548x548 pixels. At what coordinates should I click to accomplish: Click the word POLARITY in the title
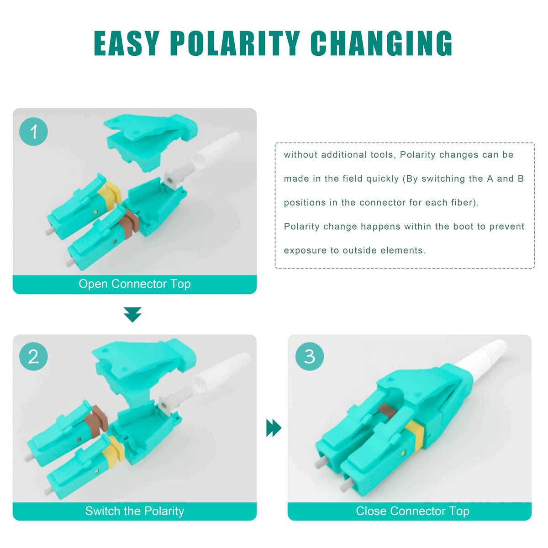[x=235, y=43]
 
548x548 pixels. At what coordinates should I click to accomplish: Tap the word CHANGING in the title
[x=381, y=43]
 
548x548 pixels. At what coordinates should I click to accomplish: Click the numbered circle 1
[x=33, y=132]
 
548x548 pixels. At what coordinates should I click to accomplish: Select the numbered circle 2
[x=33, y=356]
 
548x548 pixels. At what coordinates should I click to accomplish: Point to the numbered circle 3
[x=310, y=356]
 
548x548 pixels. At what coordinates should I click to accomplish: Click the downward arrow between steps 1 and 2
[x=132, y=315]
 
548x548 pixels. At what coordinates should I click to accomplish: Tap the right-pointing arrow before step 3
[x=274, y=427]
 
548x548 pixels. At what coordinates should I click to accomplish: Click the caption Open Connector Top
[x=135, y=284]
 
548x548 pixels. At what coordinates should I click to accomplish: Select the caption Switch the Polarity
[x=135, y=511]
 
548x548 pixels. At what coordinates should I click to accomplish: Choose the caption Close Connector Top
[x=412, y=511]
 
